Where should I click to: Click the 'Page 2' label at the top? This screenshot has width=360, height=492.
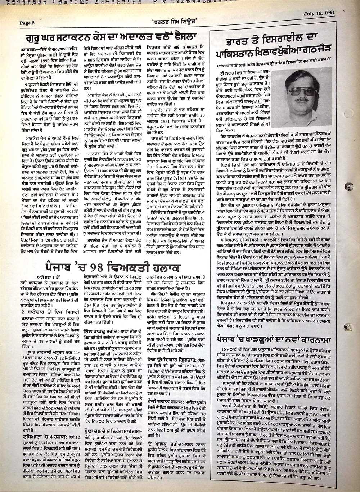(x=27, y=23)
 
